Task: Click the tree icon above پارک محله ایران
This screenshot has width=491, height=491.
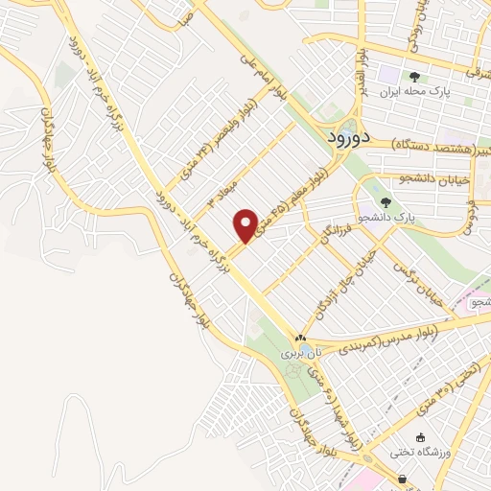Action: [413, 77]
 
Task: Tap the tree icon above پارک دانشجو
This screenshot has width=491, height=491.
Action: [385, 202]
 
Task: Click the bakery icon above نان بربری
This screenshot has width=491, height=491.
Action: [301, 339]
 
